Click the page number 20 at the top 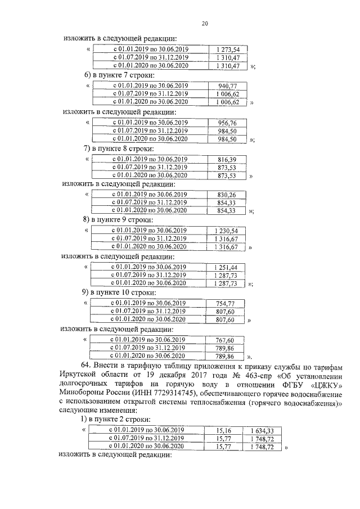(x=205, y=23)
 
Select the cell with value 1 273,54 (x=227, y=49)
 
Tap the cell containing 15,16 (x=224, y=431)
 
